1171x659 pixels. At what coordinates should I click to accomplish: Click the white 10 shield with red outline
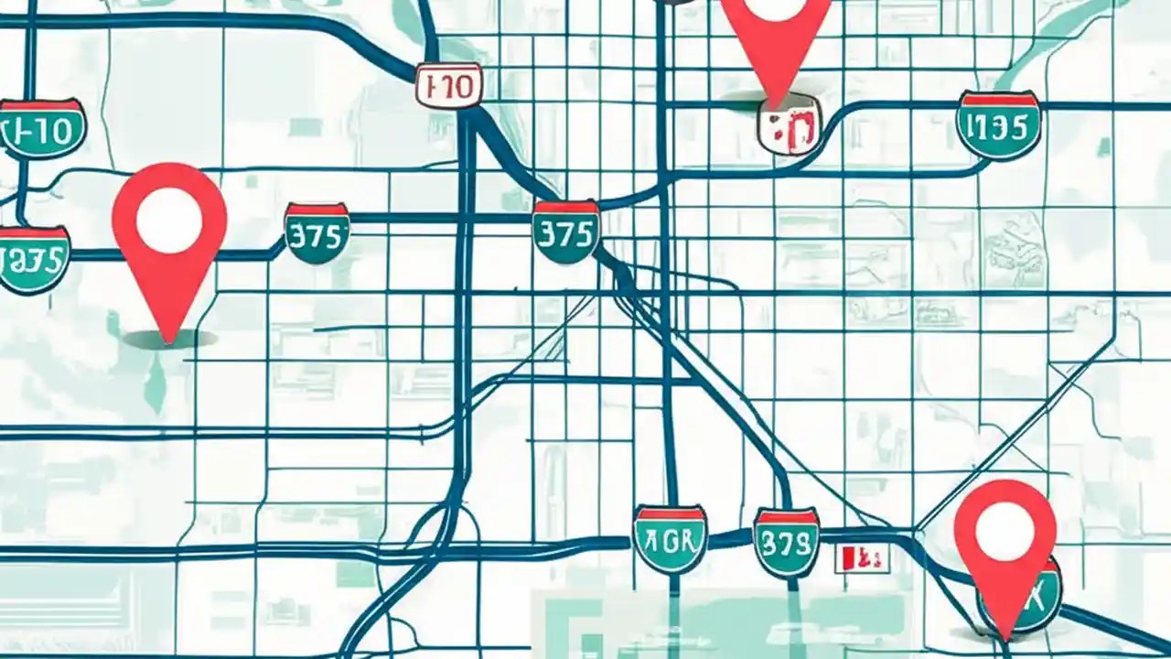click(x=448, y=86)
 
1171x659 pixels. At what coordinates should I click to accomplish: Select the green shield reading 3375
click(x=33, y=260)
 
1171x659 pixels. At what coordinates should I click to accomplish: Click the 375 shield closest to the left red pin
click(x=317, y=233)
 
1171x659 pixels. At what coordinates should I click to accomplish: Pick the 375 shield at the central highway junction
click(x=566, y=232)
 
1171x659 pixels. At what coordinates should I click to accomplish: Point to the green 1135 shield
click(x=998, y=125)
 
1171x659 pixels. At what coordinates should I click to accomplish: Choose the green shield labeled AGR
click(x=670, y=539)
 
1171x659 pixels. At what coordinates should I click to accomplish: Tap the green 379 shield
click(x=786, y=544)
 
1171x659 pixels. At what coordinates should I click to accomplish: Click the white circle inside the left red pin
click(x=169, y=220)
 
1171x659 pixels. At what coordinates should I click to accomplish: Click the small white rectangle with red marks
click(x=862, y=557)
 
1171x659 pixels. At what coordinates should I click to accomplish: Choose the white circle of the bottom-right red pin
click(x=1004, y=532)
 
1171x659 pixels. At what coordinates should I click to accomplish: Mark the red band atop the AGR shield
click(x=670, y=513)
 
